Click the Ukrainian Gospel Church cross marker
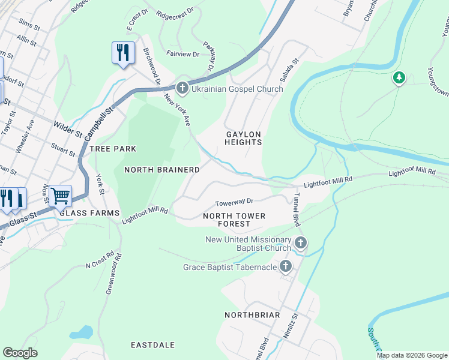coord(182,89)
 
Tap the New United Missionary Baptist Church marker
coord(300,243)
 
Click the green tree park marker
coord(399,78)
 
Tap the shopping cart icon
coord(60,196)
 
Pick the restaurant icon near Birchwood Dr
coord(123,53)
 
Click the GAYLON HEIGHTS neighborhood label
coord(243,138)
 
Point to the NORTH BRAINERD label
coord(161,170)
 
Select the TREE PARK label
coord(113,148)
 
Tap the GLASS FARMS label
coord(89,213)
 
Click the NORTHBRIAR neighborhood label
coord(252,314)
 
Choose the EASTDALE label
coord(152,345)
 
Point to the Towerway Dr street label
coord(235,202)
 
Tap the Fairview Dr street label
coord(182,54)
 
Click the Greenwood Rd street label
coord(113,273)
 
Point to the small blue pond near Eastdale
coord(81,332)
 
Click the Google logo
coord(20,353)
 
